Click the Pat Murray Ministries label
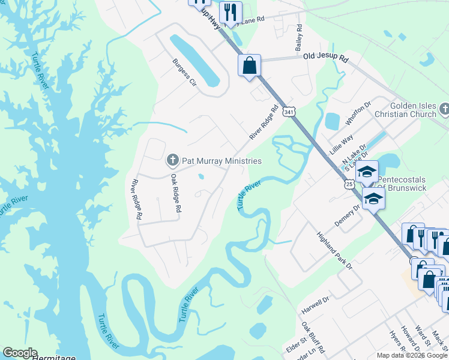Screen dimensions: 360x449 coord(222,161)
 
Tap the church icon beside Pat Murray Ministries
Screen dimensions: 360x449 coord(172,160)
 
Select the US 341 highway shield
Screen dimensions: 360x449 coord(290,112)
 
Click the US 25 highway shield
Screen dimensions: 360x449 coord(349,184)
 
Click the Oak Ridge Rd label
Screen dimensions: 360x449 coord(175,194)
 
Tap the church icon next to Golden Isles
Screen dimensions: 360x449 coord(444,109)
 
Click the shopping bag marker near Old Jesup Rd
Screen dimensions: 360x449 coord(249,65)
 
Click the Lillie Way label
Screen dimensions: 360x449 coord(341,145)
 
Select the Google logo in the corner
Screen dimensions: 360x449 coord(20,353)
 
